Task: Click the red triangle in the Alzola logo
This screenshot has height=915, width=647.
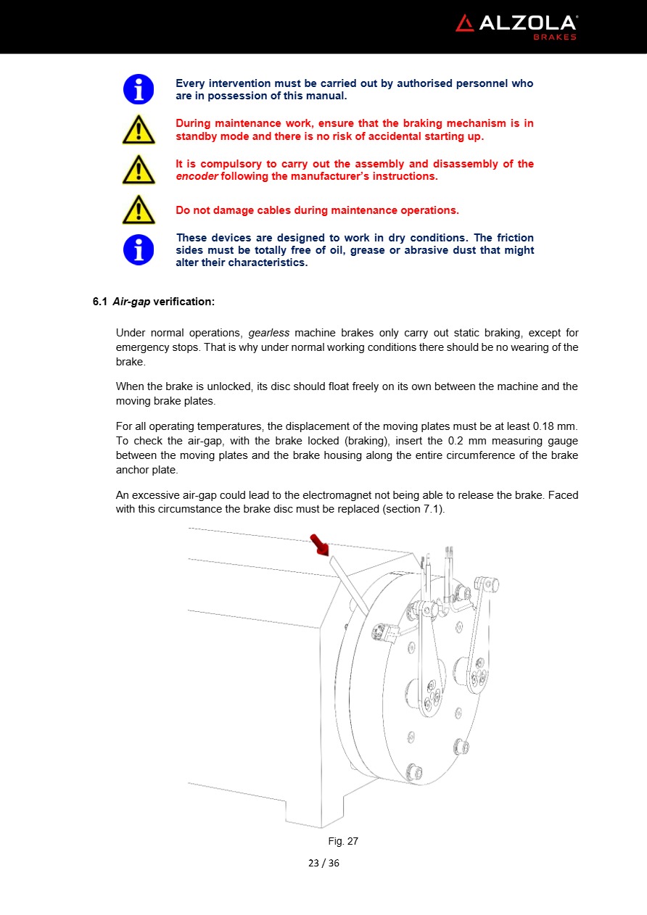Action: pos(464,23)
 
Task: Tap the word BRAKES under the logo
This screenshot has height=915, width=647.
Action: pos(556,38)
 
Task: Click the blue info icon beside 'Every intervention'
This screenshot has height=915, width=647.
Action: pos(138,89)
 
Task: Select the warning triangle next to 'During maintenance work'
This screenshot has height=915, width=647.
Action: pos(138,131)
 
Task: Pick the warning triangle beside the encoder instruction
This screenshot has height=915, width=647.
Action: pos(138,171)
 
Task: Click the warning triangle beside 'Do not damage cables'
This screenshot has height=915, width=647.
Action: pos(138,210)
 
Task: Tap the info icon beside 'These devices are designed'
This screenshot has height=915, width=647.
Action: pos(138,249)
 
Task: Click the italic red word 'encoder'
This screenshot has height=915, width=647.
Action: pos(197,176)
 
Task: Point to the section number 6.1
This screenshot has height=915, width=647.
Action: pos(99,301)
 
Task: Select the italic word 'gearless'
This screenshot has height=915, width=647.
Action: pos(269,333)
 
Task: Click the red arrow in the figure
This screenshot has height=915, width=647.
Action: pos(318,544)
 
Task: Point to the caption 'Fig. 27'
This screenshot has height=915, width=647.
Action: pos(343,841)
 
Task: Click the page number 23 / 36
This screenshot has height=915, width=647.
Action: pos(323,863)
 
